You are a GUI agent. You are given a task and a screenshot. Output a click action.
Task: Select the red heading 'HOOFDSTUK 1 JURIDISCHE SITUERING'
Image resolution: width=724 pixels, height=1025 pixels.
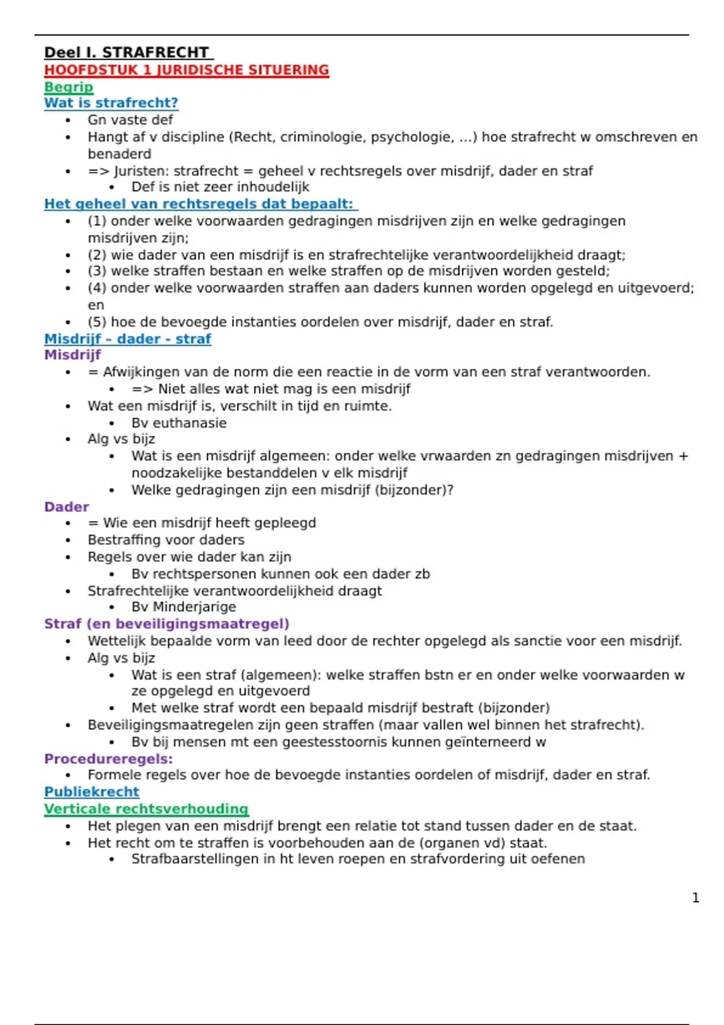click(186, 70)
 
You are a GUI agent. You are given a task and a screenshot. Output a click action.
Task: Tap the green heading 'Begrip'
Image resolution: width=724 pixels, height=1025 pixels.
click(69, 87)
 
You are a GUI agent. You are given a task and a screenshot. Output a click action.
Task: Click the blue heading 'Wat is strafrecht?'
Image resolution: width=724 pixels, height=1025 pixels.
click(111, 103)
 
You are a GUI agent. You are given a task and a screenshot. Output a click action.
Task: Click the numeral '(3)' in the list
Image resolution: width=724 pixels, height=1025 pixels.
click(97, 271)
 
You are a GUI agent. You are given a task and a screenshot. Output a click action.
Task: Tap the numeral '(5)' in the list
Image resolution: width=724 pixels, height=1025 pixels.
click(97, 322)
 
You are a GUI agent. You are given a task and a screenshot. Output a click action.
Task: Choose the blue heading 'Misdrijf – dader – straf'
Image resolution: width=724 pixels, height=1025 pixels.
click(127, 339)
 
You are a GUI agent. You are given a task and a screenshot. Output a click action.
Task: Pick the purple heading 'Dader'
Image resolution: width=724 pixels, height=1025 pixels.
click(66, 507)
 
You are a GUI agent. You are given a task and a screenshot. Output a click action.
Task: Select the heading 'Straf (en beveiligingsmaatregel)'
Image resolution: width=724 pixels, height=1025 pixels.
click(167, 624)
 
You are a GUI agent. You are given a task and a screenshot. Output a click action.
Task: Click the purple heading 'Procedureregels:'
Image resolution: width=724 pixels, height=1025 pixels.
click(109, 759)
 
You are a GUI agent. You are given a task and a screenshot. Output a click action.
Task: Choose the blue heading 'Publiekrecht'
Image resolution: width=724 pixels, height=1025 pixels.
click(92, 792)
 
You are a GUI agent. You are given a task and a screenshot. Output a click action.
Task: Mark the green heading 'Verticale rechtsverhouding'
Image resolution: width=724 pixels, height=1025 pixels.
click(146, 809)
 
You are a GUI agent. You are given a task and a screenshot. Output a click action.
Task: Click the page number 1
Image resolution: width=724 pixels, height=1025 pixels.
click(696, 898)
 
